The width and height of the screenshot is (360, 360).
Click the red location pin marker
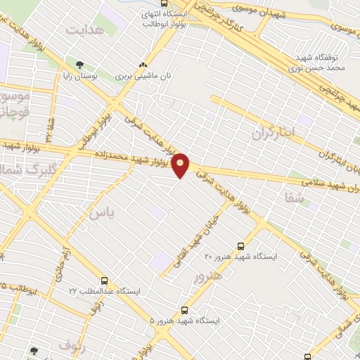(x=181, y=165)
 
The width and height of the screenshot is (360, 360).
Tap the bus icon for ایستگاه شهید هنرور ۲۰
(x=241, y=246)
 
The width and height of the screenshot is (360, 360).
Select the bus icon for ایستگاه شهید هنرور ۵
(x=184, y=309)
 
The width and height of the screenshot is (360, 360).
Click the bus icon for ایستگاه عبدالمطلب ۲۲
(x=105, y=280)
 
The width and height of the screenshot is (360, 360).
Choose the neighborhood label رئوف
(x=72, y=344)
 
